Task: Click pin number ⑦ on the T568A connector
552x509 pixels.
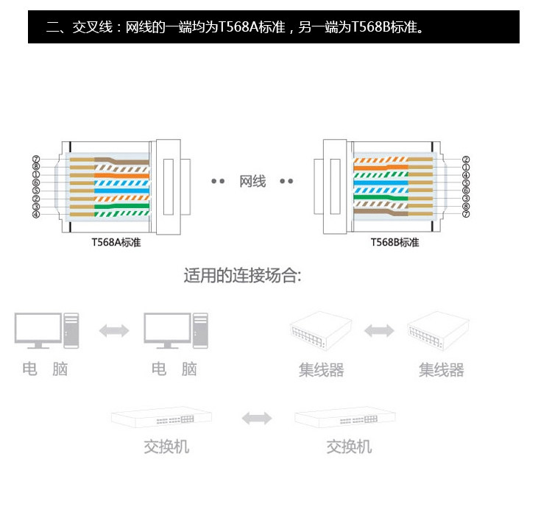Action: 35,159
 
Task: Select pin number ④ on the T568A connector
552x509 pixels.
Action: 35,215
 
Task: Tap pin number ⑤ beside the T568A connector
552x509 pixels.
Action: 35,191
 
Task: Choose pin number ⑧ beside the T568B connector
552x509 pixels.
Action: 466,207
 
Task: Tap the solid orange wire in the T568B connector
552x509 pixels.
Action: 383,165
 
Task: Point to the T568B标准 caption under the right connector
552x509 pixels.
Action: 394,243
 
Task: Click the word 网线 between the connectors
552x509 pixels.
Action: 252,181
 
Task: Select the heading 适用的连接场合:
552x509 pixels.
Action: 242,277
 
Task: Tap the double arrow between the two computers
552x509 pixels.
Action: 114,331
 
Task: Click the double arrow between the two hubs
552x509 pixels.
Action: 379,331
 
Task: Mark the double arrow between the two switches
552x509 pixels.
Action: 257,419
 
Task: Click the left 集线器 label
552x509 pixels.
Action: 321,369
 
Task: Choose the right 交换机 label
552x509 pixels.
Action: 349,446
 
